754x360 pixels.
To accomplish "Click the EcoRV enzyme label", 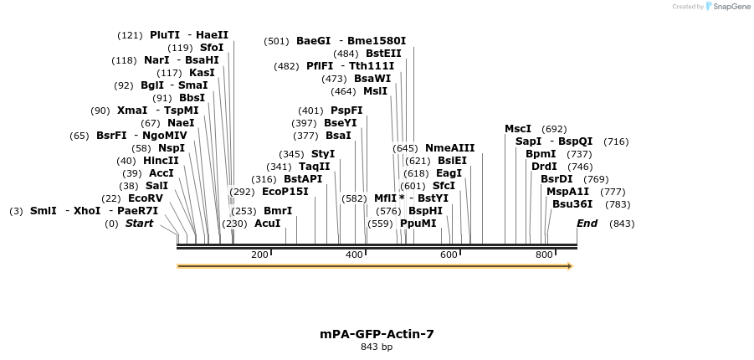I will pyautogui.click(x=145, y=198).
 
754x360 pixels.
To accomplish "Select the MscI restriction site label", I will pyautogui.click(x=518, y=129).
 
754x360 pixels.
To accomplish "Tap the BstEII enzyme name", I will pyautogui.click(x=383, y=54).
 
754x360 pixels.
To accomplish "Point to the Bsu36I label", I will pyautogui.click(x=572, y=204).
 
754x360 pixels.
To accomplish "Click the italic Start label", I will pyautogui.click(x=140, y=224).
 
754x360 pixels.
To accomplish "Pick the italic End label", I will pyautogui.click(x=587, y=224).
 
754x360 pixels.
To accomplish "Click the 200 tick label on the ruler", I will pyautogui.click(x=259, y=255).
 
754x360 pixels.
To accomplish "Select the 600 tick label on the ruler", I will pyautogui.click(x=449, y=255).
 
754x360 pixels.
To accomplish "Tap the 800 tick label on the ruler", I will pyautogui.click(x=544, y=255).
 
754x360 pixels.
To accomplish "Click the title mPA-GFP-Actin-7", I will pyautogui.click(x=377, y=334).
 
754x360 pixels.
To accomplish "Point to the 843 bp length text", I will pyautogui.click(x=377, y=347).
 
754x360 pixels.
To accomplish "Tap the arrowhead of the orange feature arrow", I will pyautogui.click(x=570, y=266).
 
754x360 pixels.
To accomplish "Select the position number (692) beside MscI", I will pyautogui.click(x=554, y=129).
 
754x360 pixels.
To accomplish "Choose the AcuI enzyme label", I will pyautogui.click(x=267, y=224).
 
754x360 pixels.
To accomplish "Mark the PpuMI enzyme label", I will pyautogui.click(x=418, y=224).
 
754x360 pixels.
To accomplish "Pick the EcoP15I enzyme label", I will pyautogui.click(x=285, y=192).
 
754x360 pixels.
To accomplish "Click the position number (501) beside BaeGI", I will pyautogui.click(x=276, y=41).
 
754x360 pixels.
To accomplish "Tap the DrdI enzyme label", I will pyautogui.click(x=544, y=167).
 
